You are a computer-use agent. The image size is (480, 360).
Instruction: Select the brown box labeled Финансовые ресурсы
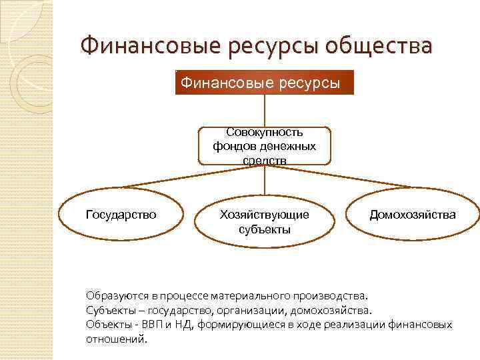264,83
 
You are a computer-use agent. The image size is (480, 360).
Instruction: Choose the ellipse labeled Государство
121,215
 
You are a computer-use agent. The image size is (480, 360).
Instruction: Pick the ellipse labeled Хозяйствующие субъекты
265,222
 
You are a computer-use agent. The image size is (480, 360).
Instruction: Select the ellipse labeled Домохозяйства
413,215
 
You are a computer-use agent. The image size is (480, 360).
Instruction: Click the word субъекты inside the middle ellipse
265,229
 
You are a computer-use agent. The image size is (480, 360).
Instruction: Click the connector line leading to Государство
193,177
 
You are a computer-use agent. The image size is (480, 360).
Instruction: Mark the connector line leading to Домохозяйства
340,177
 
